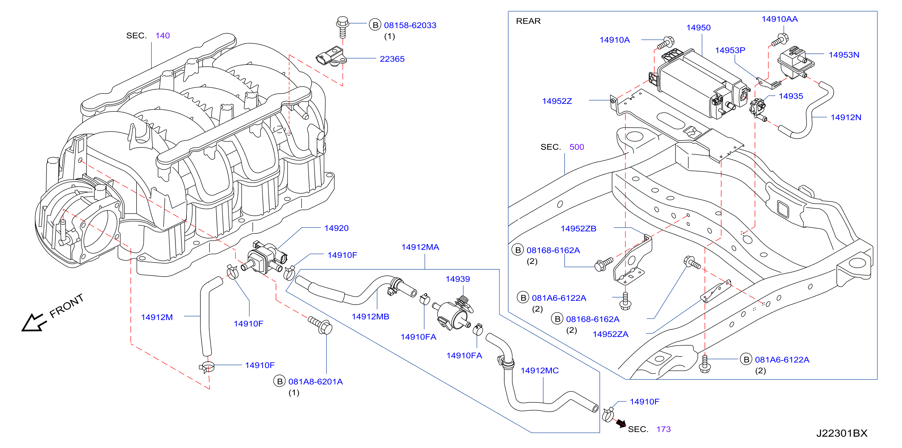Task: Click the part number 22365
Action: coord(392,59)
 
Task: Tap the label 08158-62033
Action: coord(410,25)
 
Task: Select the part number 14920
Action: coord(336,228)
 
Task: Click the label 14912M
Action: coord(157,317)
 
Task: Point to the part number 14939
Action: coord(458,279)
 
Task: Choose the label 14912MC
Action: coord(540,370)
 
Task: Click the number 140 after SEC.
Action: coord(162,36)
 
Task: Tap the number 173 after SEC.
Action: coord(663,429)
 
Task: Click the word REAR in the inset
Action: coord(528,21)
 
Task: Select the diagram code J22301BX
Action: coord(842,433)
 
